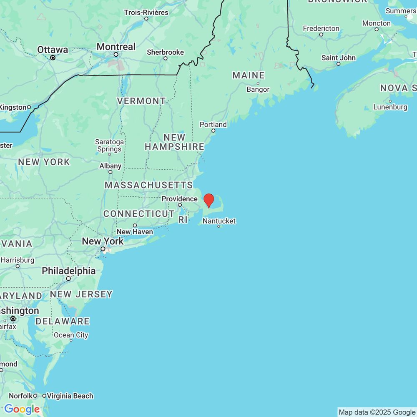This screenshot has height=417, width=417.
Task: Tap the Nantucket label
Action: (x=219, y=221)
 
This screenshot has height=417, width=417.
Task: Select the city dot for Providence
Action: (x=180, y=205)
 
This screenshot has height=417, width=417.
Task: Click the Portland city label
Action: (x=213, y=124)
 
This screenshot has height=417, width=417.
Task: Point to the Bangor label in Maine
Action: (x=258, y=89)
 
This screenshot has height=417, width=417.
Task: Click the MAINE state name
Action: (x=249, y=75)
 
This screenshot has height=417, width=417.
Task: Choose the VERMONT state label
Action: (x=141, y=101)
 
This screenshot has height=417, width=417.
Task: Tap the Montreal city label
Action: (x=116, y=47)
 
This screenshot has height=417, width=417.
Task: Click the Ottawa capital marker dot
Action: (x=53, y=58)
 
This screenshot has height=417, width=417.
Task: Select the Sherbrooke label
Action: (x=165, y=52)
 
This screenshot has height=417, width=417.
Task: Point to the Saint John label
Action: (x=339, y=58)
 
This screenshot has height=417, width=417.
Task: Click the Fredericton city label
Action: (x=321, y=28)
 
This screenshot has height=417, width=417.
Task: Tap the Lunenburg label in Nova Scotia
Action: (x=390, y=107)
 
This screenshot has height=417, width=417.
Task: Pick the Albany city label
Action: (x=110, y=166)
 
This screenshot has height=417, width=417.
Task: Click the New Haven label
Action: (x=135, y=231)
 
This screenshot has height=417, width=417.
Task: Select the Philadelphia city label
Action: (x=68, y=271)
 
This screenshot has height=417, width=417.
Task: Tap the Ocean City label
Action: (x=71, y=335)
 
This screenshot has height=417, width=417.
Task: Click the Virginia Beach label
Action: (x=70, y=396)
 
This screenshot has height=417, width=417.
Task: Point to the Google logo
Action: (x=22, y=409)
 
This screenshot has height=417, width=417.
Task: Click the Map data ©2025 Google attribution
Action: (x=377, y=412)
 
